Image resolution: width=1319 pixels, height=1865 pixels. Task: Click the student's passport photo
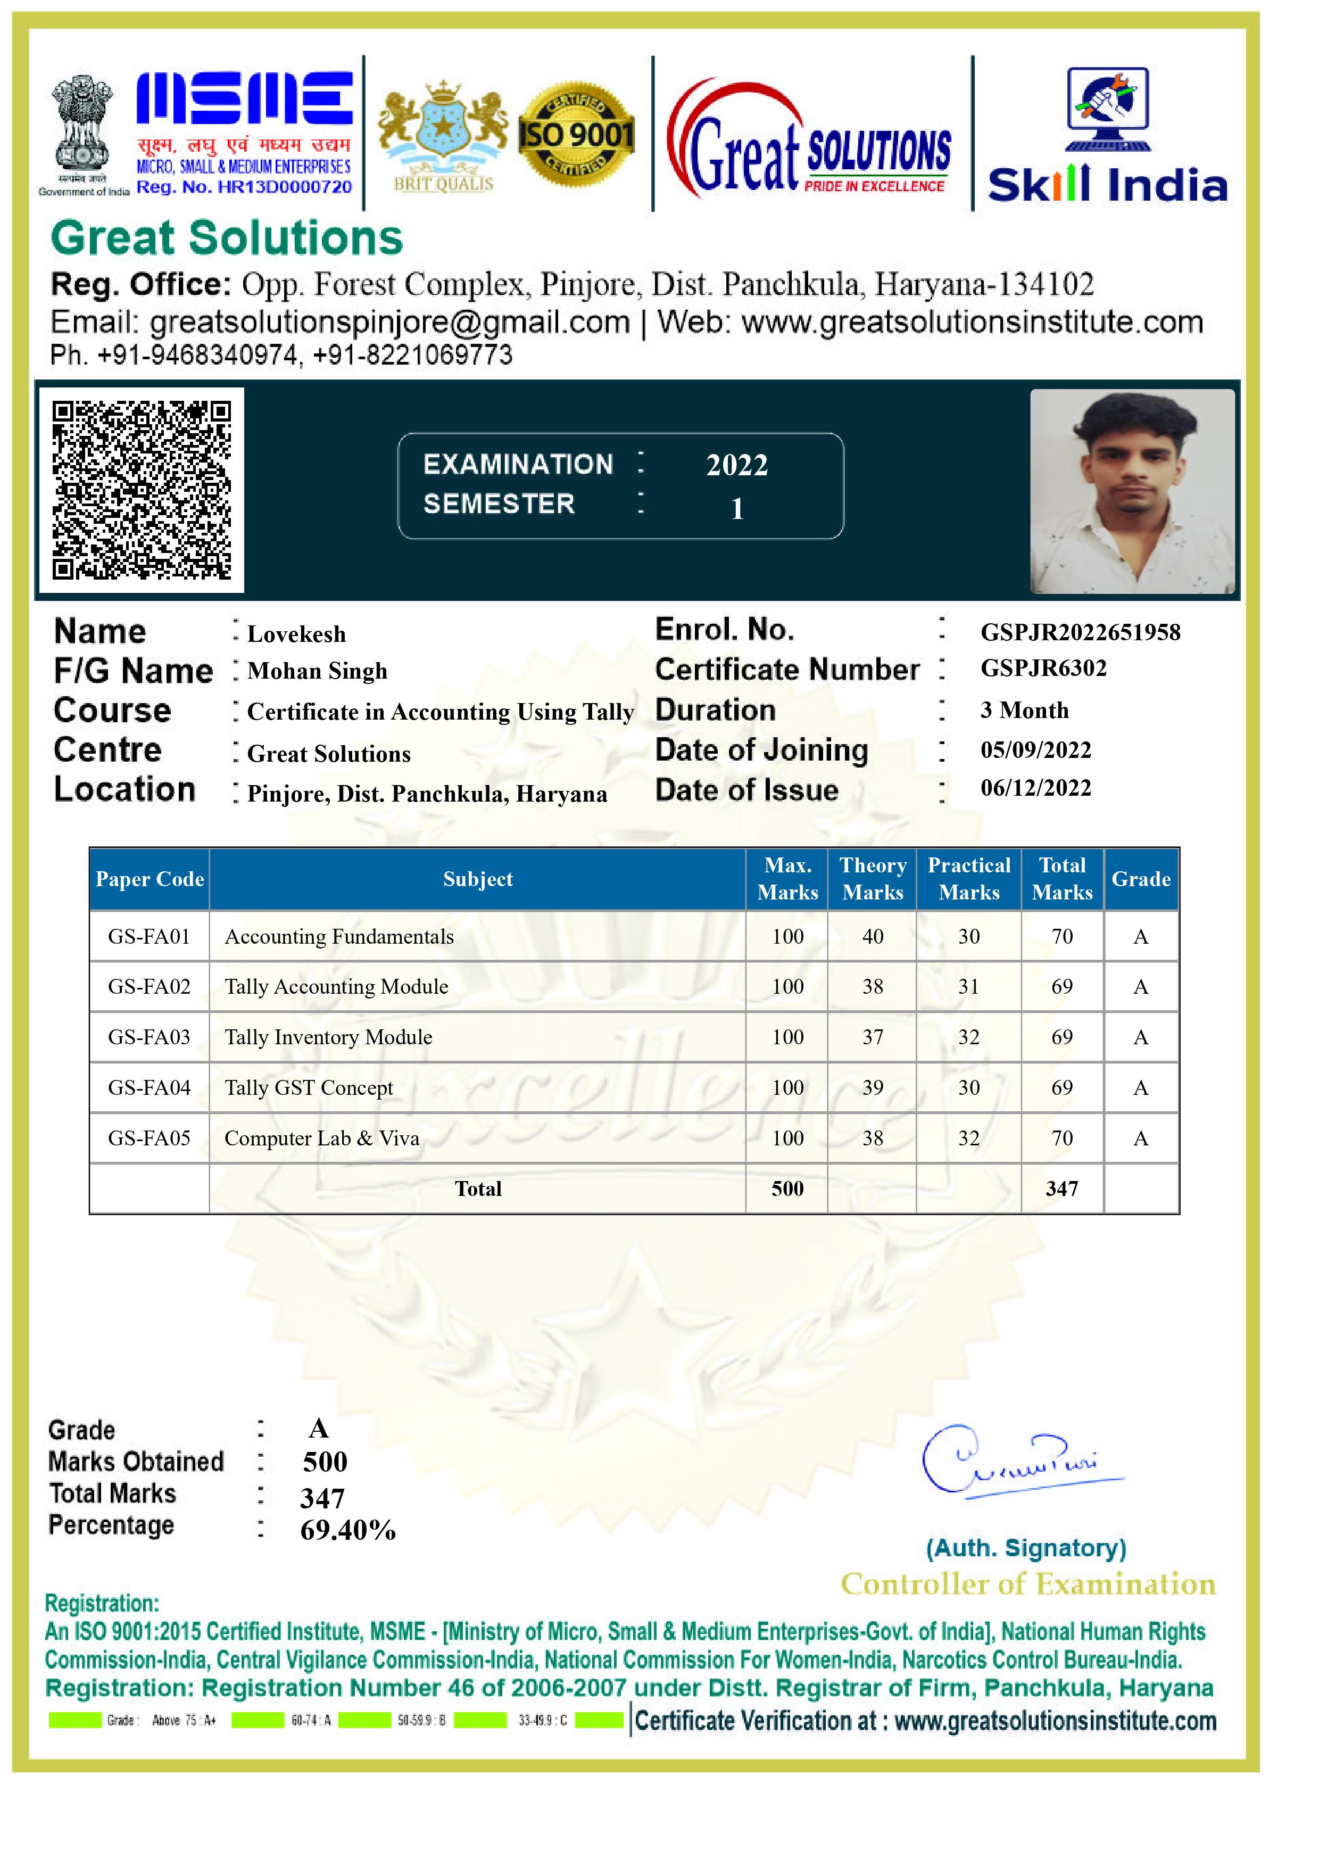tap(1132, 491)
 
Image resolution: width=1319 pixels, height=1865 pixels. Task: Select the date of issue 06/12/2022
tap(1035, 787)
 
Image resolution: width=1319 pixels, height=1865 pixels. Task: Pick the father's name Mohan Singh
tap(317, 671)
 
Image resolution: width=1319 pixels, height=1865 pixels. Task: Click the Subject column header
tap(478, 879)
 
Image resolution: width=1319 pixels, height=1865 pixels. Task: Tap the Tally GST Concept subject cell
tap(309, 1087)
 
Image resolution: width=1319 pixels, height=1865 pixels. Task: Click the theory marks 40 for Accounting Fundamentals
tap(872, 937)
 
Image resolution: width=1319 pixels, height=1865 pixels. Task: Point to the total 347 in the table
tap(1061, 1189)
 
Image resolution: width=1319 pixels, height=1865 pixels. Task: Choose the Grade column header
tap(1140, 879)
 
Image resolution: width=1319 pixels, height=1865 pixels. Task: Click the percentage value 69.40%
tap(347, 1530)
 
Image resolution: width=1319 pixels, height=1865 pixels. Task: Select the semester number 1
tap(737, 508)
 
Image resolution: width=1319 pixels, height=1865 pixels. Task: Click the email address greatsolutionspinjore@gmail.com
tap(390, 323)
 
